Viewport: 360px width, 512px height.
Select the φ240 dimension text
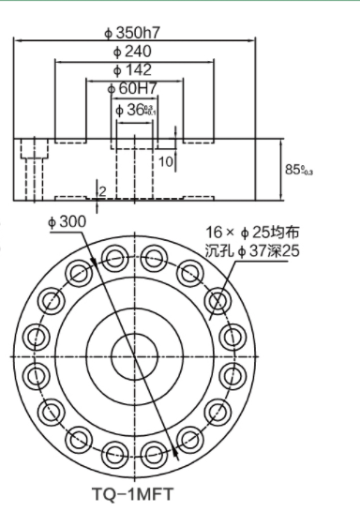click(132, 51)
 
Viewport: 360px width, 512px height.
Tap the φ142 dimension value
click(132, 70)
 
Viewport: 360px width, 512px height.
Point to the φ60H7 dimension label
click(132, 88)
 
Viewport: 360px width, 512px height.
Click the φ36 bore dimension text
click(133, 110)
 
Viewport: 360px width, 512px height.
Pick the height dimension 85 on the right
click(297, 169)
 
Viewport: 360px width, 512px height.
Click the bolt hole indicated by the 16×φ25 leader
click(220, 300)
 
